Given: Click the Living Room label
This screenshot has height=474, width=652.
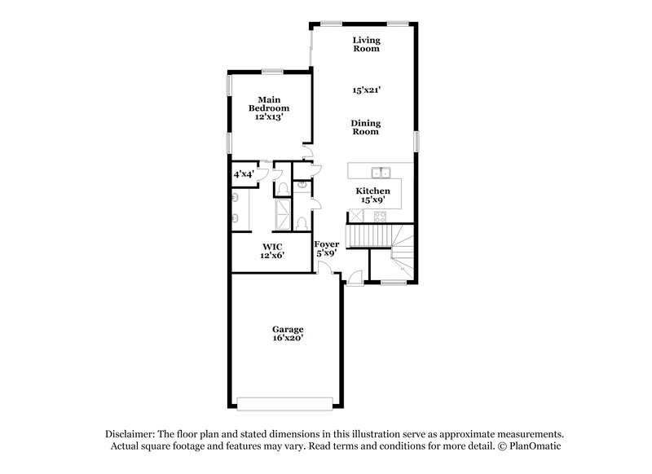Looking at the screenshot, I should [x=366, y=44].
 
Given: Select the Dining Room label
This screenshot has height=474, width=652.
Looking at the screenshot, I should [x=366, y=127].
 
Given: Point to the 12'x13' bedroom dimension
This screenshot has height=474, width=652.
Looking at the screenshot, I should [x=268, y=117].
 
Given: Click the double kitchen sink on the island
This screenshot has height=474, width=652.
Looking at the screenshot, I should [x=381, y=172].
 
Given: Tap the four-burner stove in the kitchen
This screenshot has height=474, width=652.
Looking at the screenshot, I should [x=381, y=216].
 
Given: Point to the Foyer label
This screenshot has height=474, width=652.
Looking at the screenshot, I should [x=326, y=244].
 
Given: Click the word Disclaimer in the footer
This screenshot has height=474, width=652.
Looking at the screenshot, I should [x=132, y=434].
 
